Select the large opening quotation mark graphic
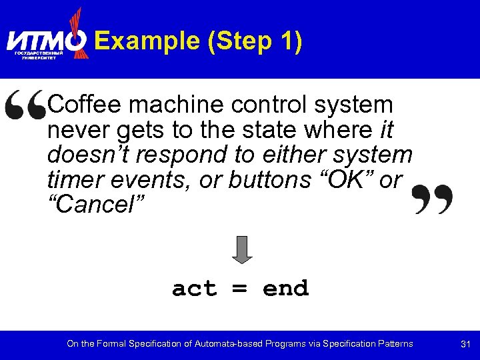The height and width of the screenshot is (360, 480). (x=25, y=107)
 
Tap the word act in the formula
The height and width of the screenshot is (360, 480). (x=195, y=289)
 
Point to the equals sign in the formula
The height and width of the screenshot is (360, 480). (x=240, y=289)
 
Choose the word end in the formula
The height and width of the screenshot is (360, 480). (x=285, y=289)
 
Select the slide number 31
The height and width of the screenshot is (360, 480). (x=466, y=344)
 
